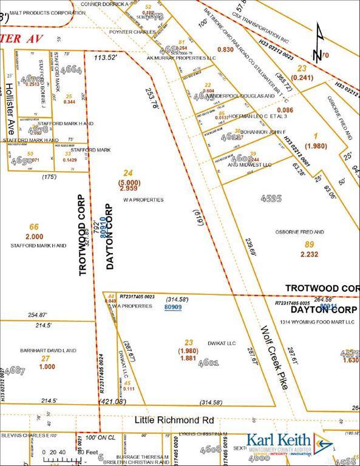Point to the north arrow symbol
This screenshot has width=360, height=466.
[x=318, y=44]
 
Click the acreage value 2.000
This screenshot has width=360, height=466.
[x=35, y=237]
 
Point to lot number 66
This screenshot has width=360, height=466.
[x=34, y=227]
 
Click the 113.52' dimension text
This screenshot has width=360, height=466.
[x=104, y=58]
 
